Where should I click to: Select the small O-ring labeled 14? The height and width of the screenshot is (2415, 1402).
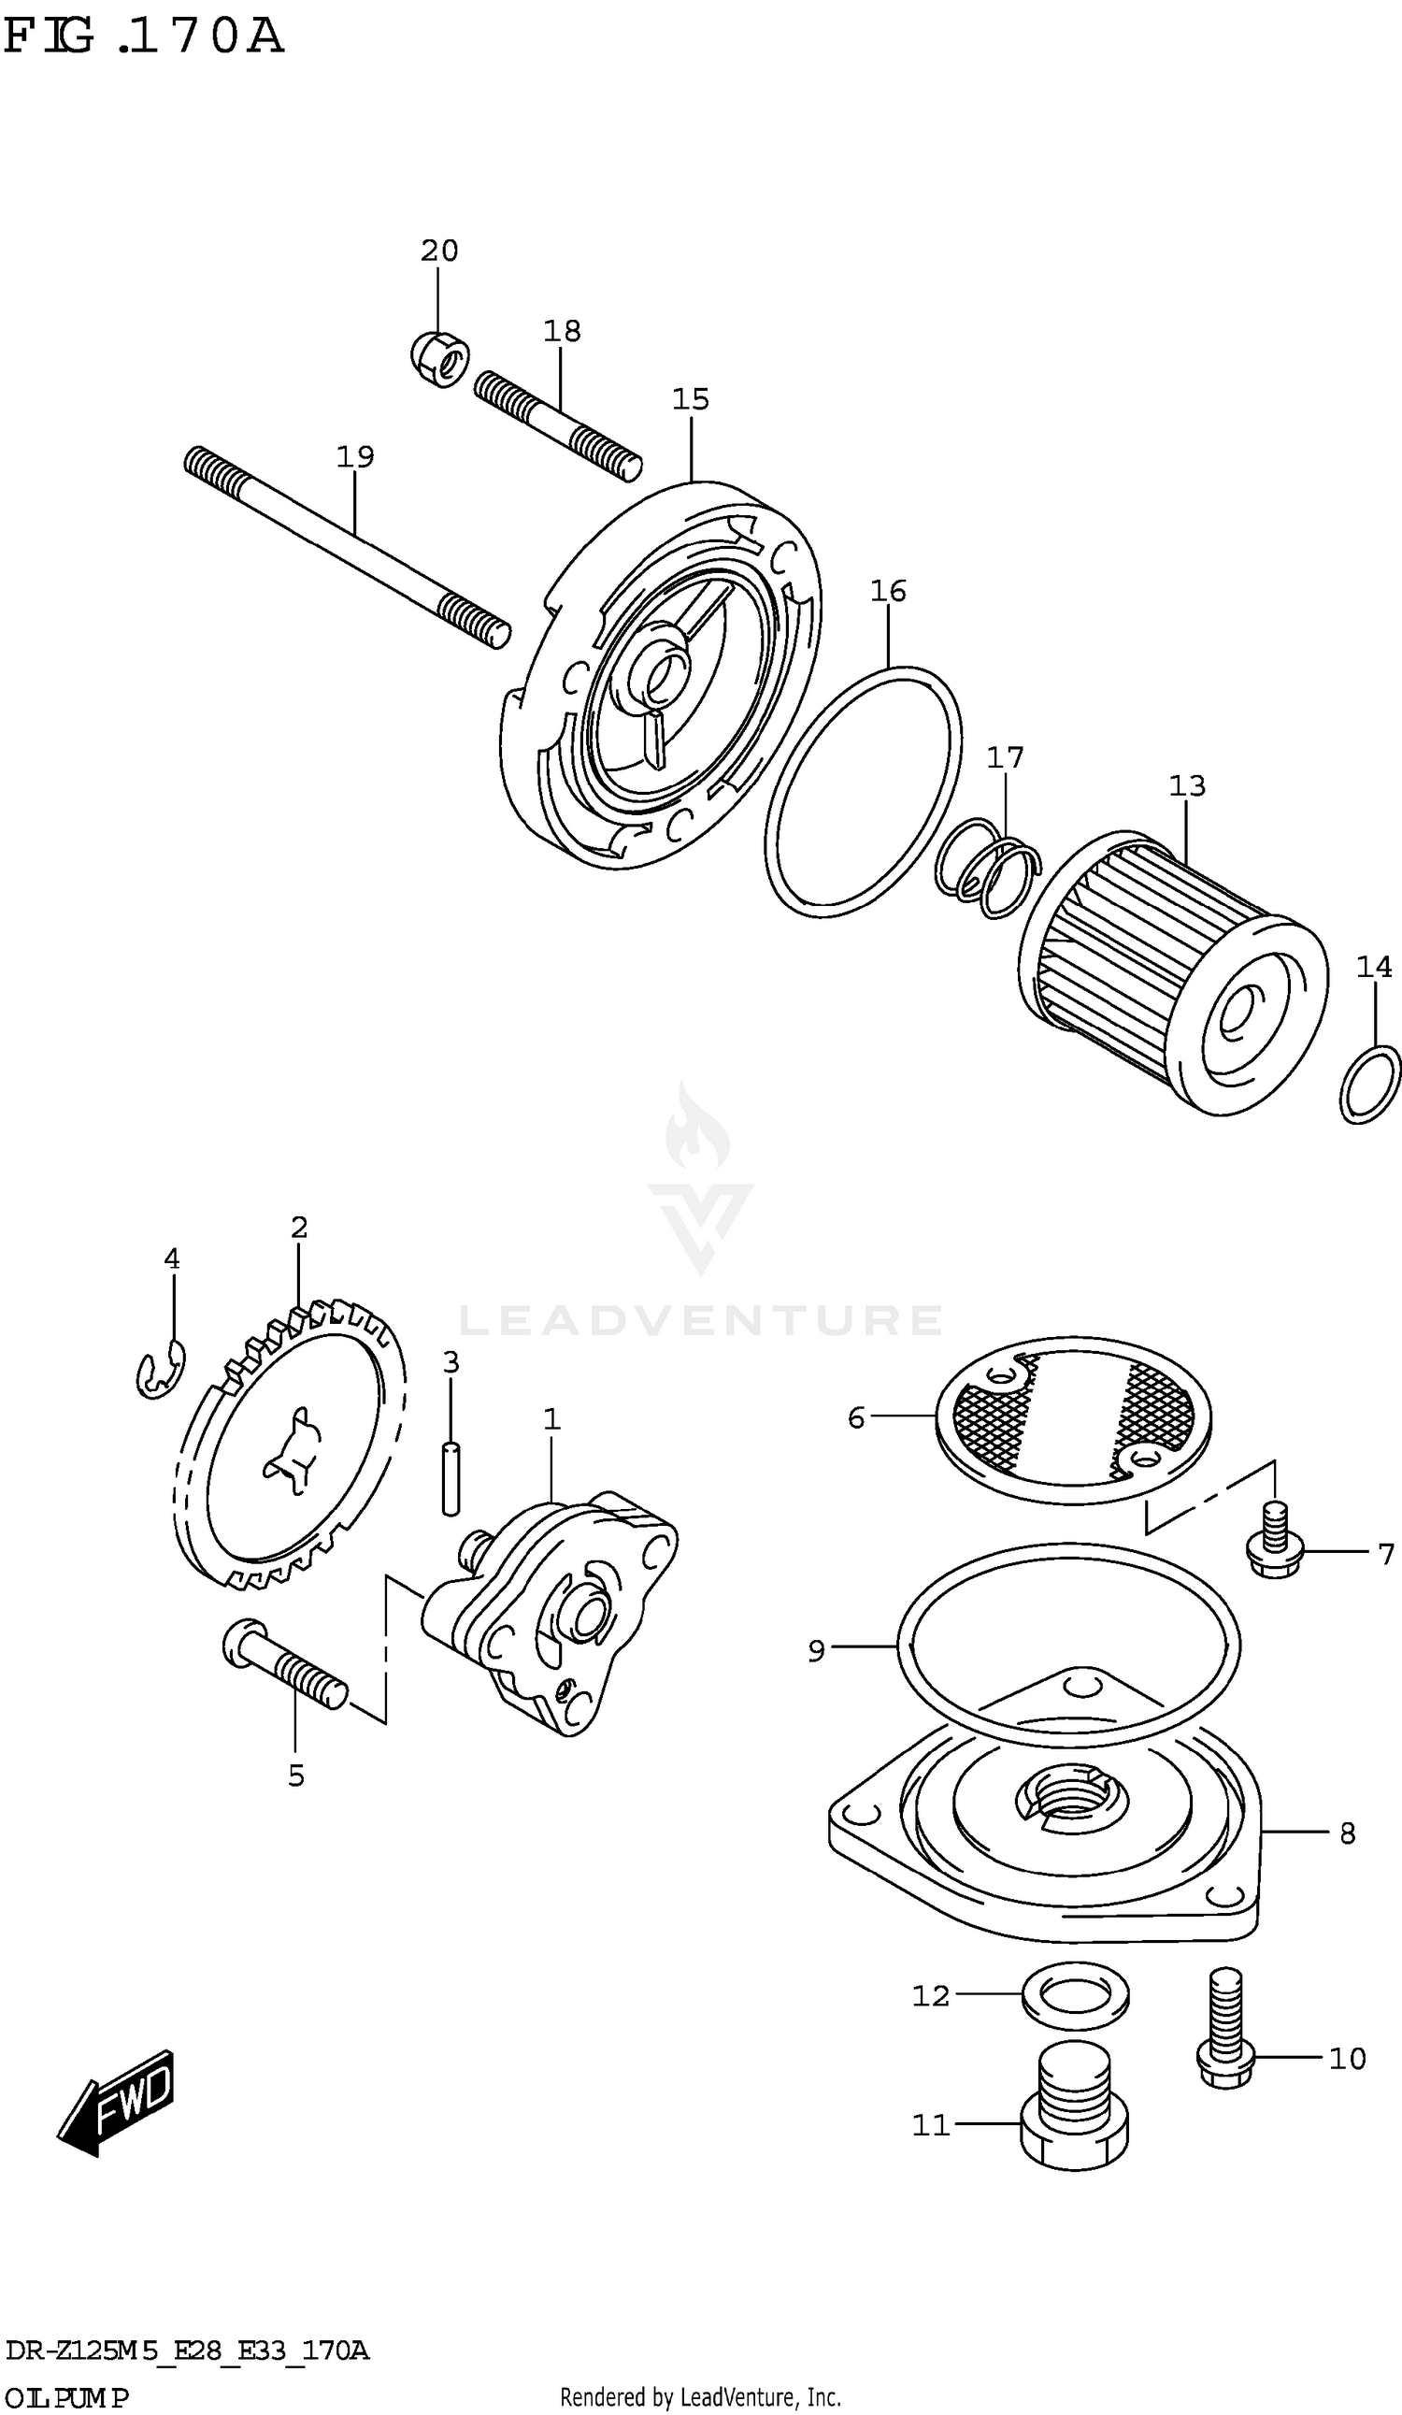point(1369,1085)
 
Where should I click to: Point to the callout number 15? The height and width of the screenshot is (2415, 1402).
point(690,398)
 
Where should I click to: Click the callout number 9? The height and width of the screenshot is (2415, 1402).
point(816,1651)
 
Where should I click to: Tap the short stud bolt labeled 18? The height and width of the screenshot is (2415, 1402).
point(557,424)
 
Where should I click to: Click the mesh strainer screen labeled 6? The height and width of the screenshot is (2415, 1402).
point(1072,1420)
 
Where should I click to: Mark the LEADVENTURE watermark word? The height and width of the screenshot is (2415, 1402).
point(700,1320)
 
